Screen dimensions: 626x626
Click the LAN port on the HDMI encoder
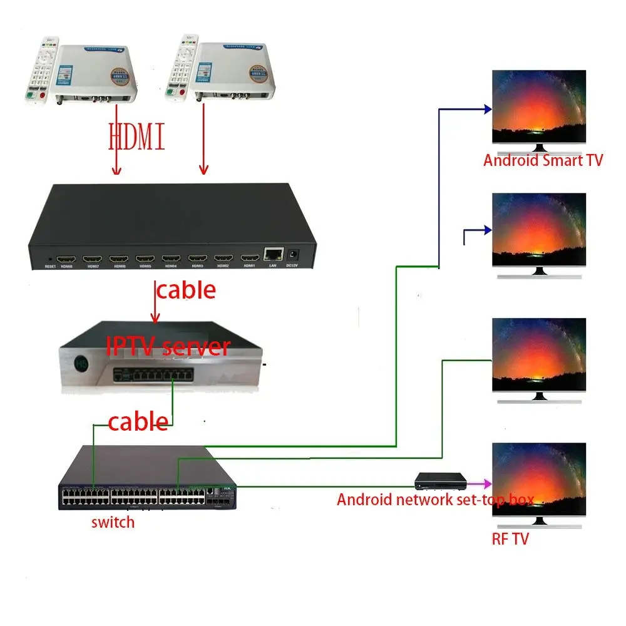[273, 254]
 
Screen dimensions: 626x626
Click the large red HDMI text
[137, 136]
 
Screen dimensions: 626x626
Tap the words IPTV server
[168, 346]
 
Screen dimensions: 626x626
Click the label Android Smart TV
[543, 160]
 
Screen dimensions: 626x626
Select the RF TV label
[510, 538]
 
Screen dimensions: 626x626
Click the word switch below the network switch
[113, 521]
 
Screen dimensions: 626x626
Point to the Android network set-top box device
[441, 481]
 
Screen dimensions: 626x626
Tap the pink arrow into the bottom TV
[482, 484]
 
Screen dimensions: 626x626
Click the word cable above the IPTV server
[186, 290]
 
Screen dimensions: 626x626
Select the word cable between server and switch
[138, 422]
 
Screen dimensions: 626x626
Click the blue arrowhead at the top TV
[486, 109]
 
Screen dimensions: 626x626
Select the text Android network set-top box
[435, 500]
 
